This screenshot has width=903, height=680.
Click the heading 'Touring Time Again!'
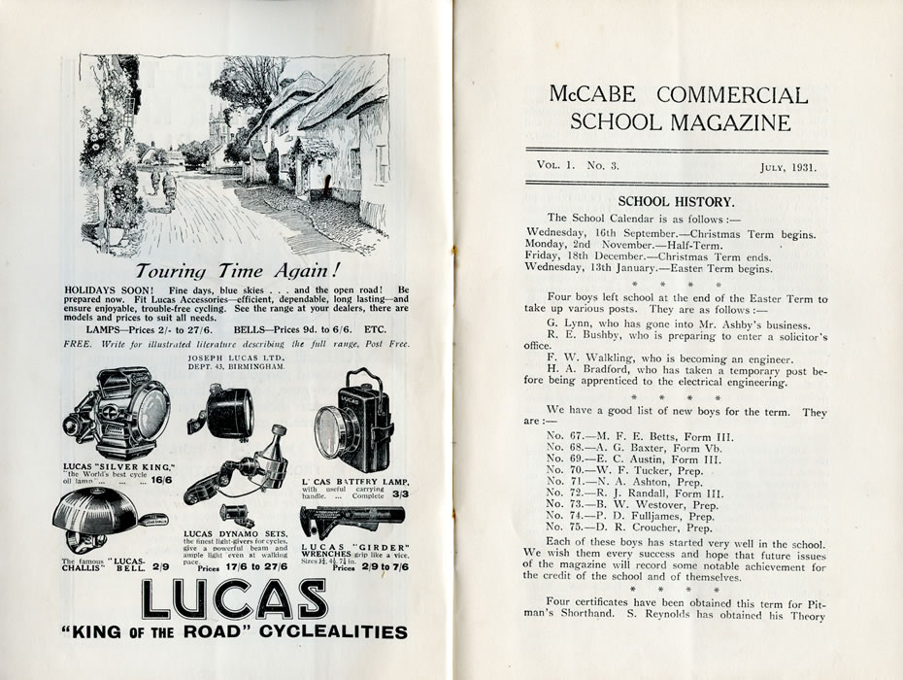pos(235,270)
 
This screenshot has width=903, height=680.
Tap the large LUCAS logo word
pos(235,599)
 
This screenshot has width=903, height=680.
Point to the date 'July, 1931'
pos(787,166)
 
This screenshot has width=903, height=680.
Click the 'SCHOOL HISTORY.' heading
pos(677,201)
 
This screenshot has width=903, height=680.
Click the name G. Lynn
pos(567,323)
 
